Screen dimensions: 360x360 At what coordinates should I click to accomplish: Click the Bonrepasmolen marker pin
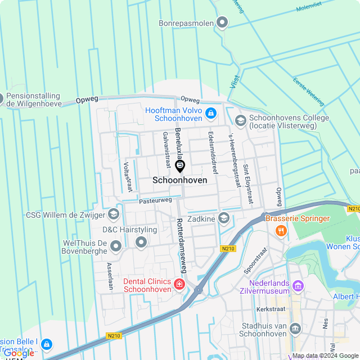click(x=222, y=23)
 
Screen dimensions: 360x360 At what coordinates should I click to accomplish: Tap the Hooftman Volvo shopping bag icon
click(x=210, y=114)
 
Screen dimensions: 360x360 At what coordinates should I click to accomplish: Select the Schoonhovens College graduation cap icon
click(x=241, y=120)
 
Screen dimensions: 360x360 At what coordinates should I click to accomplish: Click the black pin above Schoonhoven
click(x=180, y=166)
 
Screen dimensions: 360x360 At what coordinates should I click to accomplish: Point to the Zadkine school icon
click(x=224, y=218)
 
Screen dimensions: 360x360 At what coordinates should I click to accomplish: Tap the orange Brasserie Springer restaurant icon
click(x=280, y=230)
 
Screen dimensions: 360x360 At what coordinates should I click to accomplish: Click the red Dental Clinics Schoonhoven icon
click(x=179, y=285)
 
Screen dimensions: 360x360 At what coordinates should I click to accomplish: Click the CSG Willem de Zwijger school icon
click(x=114, y=214)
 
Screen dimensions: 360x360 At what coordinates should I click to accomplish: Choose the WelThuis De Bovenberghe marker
click(x=116, y=246)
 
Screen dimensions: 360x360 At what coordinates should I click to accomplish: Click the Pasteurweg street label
click(x=155, y=200)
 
